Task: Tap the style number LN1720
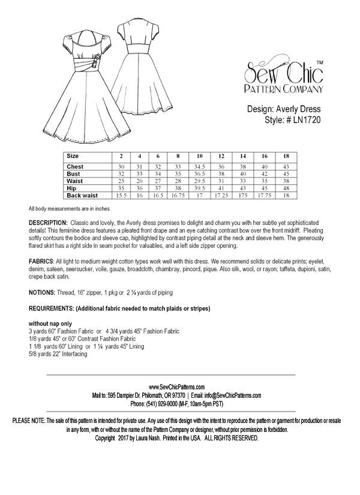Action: coord(306,120)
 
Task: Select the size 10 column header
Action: coord(199,156)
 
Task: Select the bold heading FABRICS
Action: coord(41,263)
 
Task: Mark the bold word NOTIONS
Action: coord(43,293)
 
